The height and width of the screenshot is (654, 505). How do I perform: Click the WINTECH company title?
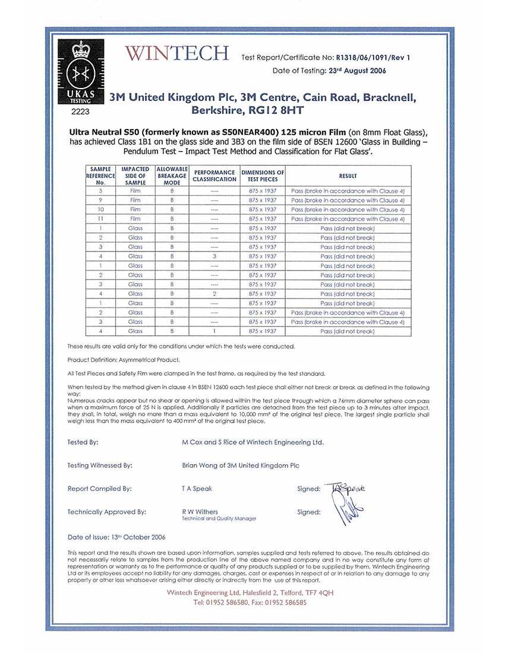click(177, 54)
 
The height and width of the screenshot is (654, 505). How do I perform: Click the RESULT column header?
click(348, 176)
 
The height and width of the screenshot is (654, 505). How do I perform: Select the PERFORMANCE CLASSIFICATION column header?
click(214, 176)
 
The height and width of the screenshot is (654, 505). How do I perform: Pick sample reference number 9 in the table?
click(101, 200)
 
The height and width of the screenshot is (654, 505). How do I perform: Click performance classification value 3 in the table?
click(214, 256)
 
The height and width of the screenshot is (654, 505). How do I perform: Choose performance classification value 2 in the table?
click(214, 294)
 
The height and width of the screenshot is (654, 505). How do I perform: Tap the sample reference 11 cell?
click(101, 219)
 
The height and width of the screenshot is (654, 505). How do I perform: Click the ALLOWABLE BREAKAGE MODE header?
click(172, 176)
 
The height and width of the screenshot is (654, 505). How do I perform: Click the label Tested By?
click(83, 442)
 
